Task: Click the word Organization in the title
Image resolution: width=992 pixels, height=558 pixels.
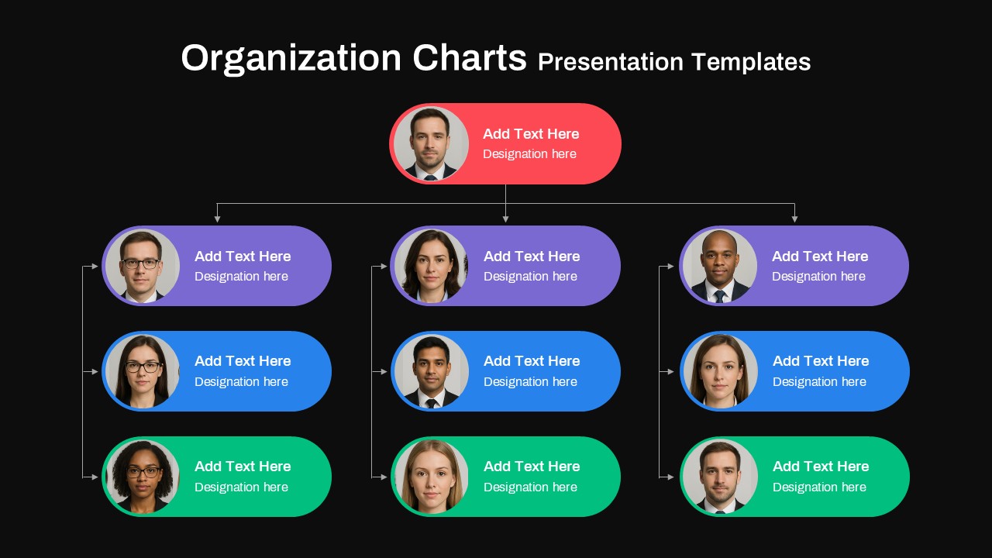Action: click(x=291, y=59)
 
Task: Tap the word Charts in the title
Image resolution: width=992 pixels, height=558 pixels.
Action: click(x=470, y=58)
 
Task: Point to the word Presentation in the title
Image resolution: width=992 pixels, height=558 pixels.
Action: click(x=610, y=62)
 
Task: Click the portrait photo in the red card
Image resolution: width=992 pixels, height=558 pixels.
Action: click(x=431, y=144)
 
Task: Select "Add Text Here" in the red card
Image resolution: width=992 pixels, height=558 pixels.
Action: click(x=531, y=134)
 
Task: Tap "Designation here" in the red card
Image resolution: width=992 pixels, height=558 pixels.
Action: click(x=529, y=154)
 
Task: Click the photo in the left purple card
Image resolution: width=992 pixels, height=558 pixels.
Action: click(x=142, y=266)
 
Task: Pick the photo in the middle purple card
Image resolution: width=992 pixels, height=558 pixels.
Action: click(x=431, y=266)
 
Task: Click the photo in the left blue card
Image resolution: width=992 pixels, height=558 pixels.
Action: click(x=142, y=371)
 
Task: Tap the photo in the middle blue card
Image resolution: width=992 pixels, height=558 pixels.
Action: click(x=431, y=371)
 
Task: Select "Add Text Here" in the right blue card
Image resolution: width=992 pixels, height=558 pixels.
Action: click(x=821, y=361)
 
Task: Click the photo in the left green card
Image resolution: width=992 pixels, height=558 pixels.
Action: click(x=142, y=477)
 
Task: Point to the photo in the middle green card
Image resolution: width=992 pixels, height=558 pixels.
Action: click(x=431, y=477)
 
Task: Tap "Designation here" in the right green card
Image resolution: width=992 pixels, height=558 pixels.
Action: click(x=819, y=487)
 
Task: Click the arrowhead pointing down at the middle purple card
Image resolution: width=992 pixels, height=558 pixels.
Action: click(x=505, y=219)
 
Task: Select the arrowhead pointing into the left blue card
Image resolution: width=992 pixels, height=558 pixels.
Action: click(x=95, y=372)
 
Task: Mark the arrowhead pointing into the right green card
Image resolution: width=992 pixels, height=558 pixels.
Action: click(x=671, y=477)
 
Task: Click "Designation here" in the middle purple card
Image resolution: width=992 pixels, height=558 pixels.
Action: click(x=530, y=277)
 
